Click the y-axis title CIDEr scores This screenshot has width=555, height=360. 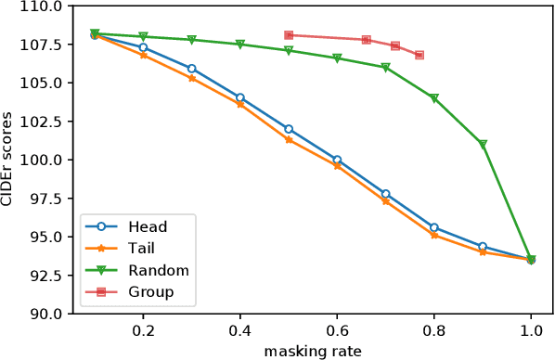coord(12,160)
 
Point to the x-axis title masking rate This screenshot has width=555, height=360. coord(313,350)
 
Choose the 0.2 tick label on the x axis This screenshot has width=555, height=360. coord(143,329)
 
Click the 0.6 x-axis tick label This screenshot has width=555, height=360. coord(337,329)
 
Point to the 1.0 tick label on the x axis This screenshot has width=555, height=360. coord(531,329)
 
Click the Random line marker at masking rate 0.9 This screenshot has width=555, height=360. coord(483,145)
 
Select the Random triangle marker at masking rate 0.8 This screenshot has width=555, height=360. coord(434,98)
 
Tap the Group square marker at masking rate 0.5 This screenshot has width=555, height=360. coord(289,35)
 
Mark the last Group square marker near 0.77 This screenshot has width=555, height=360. coord(419,55)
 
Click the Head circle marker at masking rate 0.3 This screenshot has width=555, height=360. coord(192,69)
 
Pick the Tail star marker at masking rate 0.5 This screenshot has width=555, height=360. coord(289,139)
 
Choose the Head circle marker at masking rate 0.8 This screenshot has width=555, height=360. coord(434,227)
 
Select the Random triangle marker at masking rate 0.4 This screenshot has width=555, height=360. coord(240,45)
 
